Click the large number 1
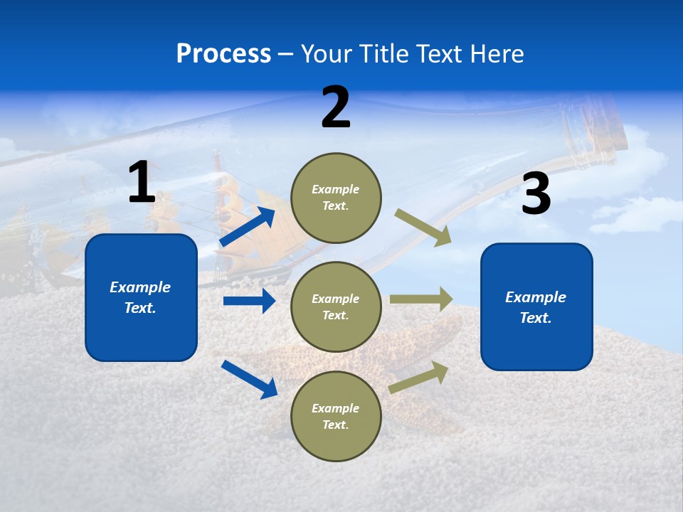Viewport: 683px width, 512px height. point(142,183)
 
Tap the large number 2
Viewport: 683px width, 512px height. point(336,108)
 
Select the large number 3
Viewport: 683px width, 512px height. point(536,195)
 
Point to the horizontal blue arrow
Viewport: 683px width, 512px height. point(249,301)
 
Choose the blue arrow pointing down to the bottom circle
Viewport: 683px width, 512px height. point(249,379)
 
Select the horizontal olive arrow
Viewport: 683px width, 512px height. point(421,299)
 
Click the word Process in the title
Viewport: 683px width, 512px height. point(223,53)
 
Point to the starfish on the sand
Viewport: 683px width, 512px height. point(427,348)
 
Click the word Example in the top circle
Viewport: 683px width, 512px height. point(335,189)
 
